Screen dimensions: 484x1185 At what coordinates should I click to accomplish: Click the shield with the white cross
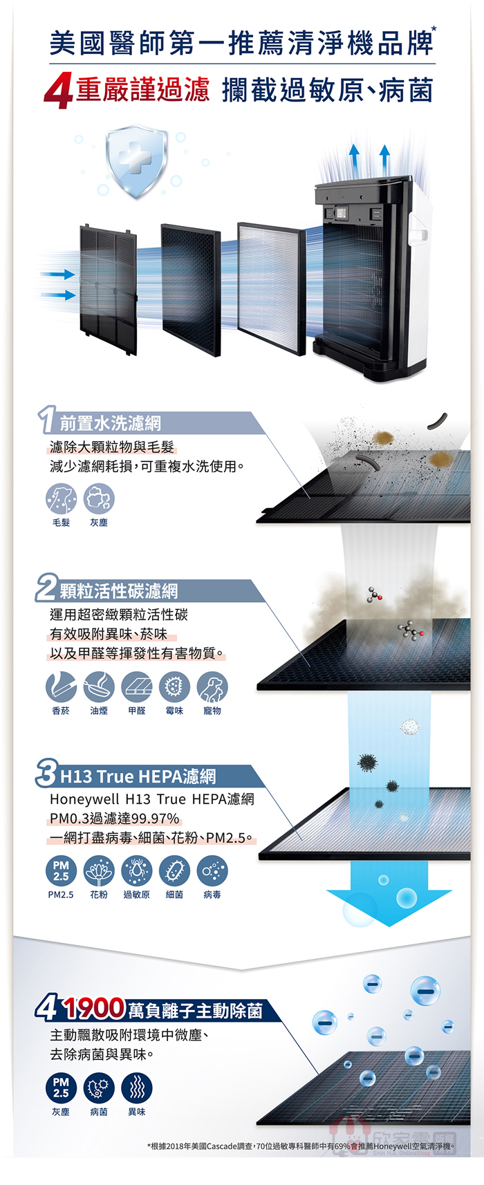(136, 160)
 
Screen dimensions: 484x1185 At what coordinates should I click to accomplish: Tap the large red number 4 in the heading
(58, 92)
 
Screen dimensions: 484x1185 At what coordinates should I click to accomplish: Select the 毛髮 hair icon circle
(61, 499)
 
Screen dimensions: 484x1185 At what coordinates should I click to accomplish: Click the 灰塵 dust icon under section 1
(99, 499)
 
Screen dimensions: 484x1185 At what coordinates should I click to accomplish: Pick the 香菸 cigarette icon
(61, 687)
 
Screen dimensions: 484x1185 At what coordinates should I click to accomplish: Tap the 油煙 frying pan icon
(99, 687)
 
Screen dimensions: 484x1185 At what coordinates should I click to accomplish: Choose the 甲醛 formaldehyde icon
(137, 687)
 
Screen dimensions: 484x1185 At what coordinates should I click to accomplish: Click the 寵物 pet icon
(213, 687)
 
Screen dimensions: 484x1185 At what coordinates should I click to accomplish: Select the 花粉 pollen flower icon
(99, 871)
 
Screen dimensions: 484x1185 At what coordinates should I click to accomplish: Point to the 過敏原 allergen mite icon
(137, 871)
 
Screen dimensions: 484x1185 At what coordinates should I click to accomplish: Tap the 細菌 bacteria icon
(174, 871)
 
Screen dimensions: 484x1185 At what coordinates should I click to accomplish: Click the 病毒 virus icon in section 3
(213, 871)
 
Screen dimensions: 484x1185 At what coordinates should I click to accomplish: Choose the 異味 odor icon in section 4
(137, 1089)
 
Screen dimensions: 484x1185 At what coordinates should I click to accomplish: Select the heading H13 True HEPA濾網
(138, 776)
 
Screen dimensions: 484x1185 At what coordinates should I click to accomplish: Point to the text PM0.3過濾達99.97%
(115, 819)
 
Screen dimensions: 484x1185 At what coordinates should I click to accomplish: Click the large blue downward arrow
(389, 894)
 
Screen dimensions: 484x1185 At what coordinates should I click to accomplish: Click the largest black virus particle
(367, 763)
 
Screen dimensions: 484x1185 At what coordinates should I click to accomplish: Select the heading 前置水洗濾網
(111, 423)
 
